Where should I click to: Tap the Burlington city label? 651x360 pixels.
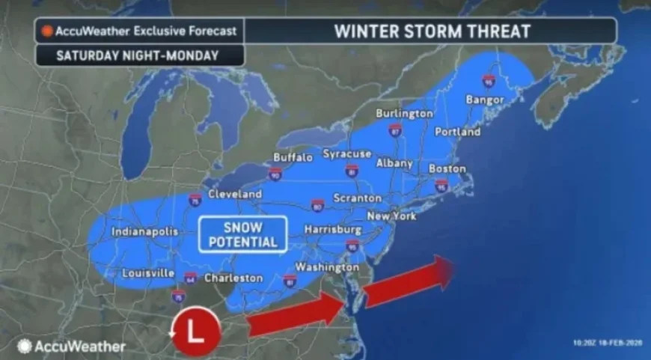click(405, 113)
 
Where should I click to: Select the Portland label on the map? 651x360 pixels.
click(457, 132)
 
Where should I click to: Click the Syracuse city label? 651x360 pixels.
click(347, 153)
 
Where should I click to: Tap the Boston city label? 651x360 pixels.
click(447, 169)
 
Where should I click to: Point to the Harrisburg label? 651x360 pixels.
click(333, 229)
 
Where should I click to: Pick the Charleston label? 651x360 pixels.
click(233, 278)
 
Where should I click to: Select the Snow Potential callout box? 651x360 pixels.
click(243, 234)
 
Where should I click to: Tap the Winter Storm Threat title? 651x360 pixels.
click(432, 31)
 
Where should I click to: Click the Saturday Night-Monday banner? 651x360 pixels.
click(139, 55)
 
